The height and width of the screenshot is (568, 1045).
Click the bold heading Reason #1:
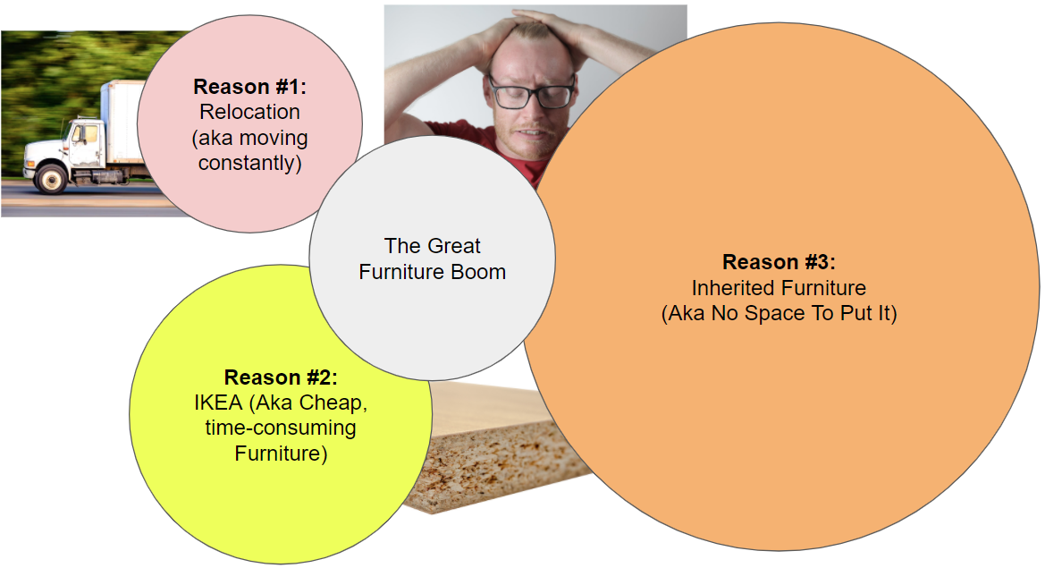click(250, 87)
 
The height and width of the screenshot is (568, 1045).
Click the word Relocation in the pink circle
click(250, 112)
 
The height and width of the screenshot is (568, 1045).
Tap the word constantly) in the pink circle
click(250, 164)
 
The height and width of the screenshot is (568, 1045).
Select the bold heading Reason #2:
click(281, 377)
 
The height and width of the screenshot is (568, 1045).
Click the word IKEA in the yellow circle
click(219, 403)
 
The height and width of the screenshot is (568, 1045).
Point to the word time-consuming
click(281, 428)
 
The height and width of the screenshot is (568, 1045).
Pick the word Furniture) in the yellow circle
click(281, 454)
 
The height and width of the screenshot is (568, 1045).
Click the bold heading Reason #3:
click(780, 262)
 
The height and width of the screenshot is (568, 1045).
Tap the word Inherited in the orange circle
click(732, 288)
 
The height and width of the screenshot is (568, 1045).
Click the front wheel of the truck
click(51, 178)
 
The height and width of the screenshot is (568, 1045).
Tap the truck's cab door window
click(85, 134)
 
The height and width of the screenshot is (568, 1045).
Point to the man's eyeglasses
click(532, 92)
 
